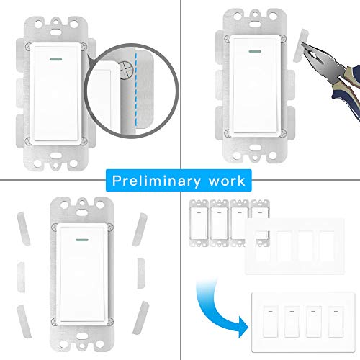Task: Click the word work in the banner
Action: tap(226, 179)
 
